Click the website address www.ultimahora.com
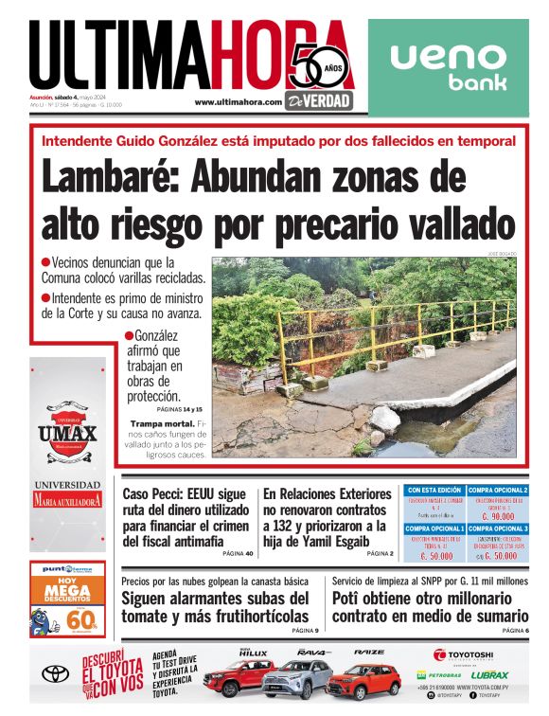[x=239, y=102]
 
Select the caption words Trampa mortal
[x=165, y=422]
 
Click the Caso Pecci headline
[x=186, y=517]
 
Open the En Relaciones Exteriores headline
[x=327, y=517]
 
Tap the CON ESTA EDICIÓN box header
[x=434, y=490]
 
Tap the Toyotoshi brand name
[x=464, y=654]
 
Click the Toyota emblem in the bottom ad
[x=56, y=674]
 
